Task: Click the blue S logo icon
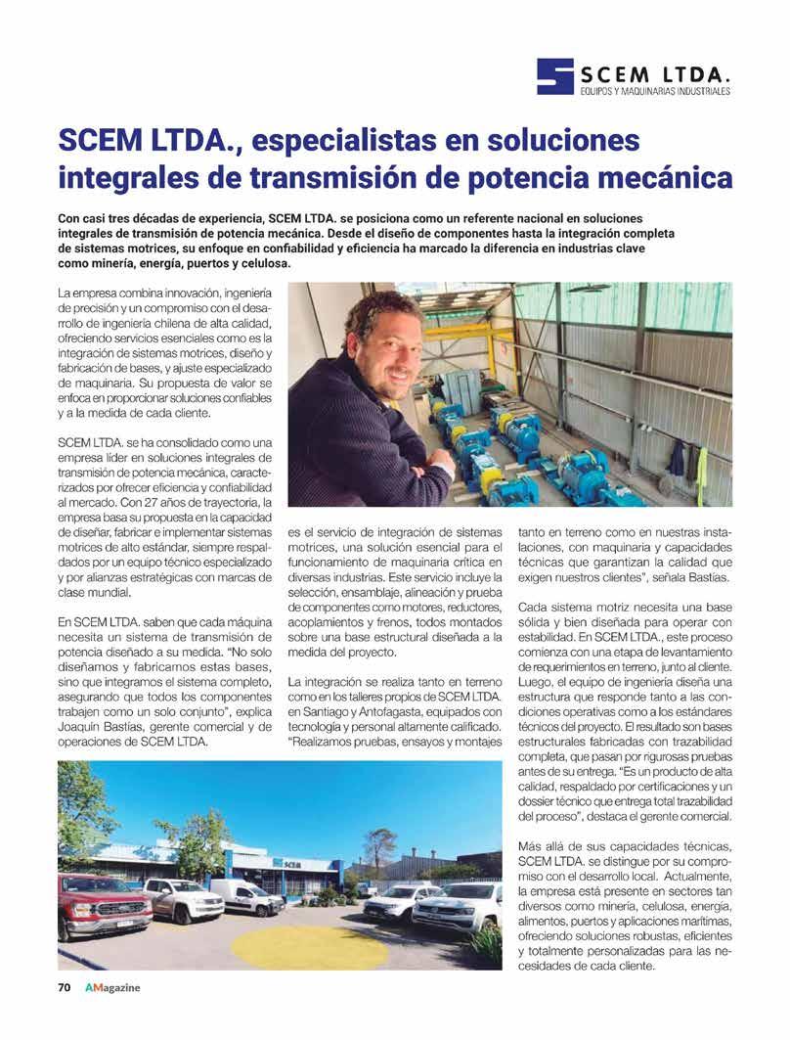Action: (554, 76)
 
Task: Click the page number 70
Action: (64, 987)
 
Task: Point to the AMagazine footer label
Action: (111, 987)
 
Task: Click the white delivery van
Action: (246, 895)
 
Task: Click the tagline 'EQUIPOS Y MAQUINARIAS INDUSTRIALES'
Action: (654, 91)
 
